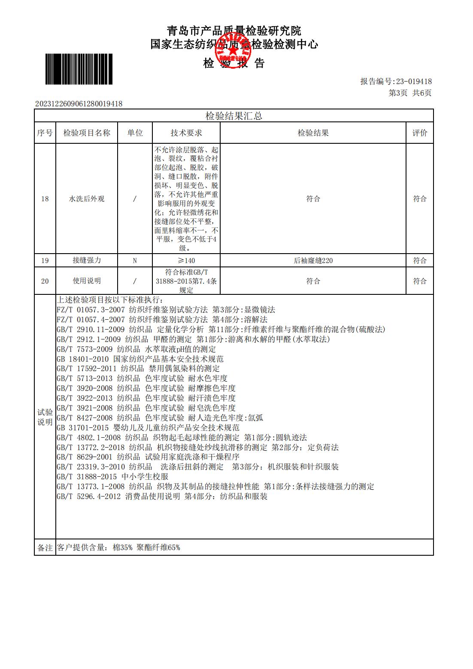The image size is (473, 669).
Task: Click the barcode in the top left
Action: [x=79, y=69]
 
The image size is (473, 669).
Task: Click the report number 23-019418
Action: [x=414, y=82]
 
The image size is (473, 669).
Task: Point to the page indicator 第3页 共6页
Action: [x=410, y=93]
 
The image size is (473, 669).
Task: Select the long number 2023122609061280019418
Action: [x=79, y=104]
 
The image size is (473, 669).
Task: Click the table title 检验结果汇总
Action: [x=234, y=116]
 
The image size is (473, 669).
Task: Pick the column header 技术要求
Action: [x=186, y=133]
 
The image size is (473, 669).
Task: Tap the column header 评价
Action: [x=420, y=133]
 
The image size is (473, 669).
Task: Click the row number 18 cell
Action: [x=45, y=199]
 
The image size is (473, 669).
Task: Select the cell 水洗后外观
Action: [x=87, y=199]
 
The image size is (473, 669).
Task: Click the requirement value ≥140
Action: [x=186, y=260]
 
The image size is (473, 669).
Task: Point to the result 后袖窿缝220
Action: [x=313, y=260]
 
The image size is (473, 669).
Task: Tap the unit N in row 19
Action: [x=135, y=260]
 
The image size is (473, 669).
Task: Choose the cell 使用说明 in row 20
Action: [x=87, y=281]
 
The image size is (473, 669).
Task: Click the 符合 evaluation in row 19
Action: [x=420, y=260]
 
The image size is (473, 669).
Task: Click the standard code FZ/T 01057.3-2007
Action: [x=91, y=310]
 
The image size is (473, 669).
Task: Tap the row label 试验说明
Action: [x=45, y=417]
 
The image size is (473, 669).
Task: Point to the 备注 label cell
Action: [x=45, y=548]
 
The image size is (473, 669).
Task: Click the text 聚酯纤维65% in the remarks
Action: [x=158, y=548]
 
